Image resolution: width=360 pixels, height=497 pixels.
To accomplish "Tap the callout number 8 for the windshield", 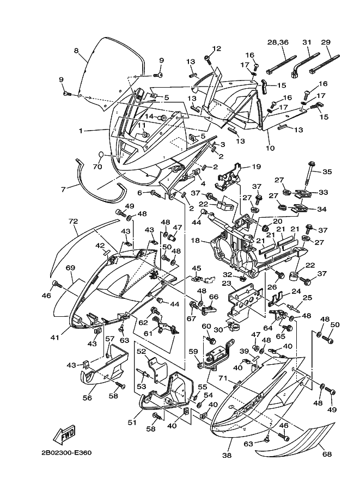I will tap(76, 51).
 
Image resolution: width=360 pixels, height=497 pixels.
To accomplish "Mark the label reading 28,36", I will tap(278, 42).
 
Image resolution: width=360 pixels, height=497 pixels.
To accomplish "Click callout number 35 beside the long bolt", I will tap(327, 172).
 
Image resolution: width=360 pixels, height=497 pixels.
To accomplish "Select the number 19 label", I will tap(256, 167).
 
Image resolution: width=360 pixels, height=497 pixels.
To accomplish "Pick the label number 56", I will tap(87, 398).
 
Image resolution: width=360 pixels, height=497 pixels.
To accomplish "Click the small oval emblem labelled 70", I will tap(101, 154).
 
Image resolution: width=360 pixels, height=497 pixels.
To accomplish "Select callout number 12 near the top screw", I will tap(217, 48).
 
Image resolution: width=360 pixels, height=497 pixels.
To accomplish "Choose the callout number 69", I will tap(70, 268).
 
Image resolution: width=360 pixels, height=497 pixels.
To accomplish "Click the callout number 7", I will tap(63, 189).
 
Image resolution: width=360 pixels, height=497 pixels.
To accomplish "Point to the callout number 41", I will tap(55, 338).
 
